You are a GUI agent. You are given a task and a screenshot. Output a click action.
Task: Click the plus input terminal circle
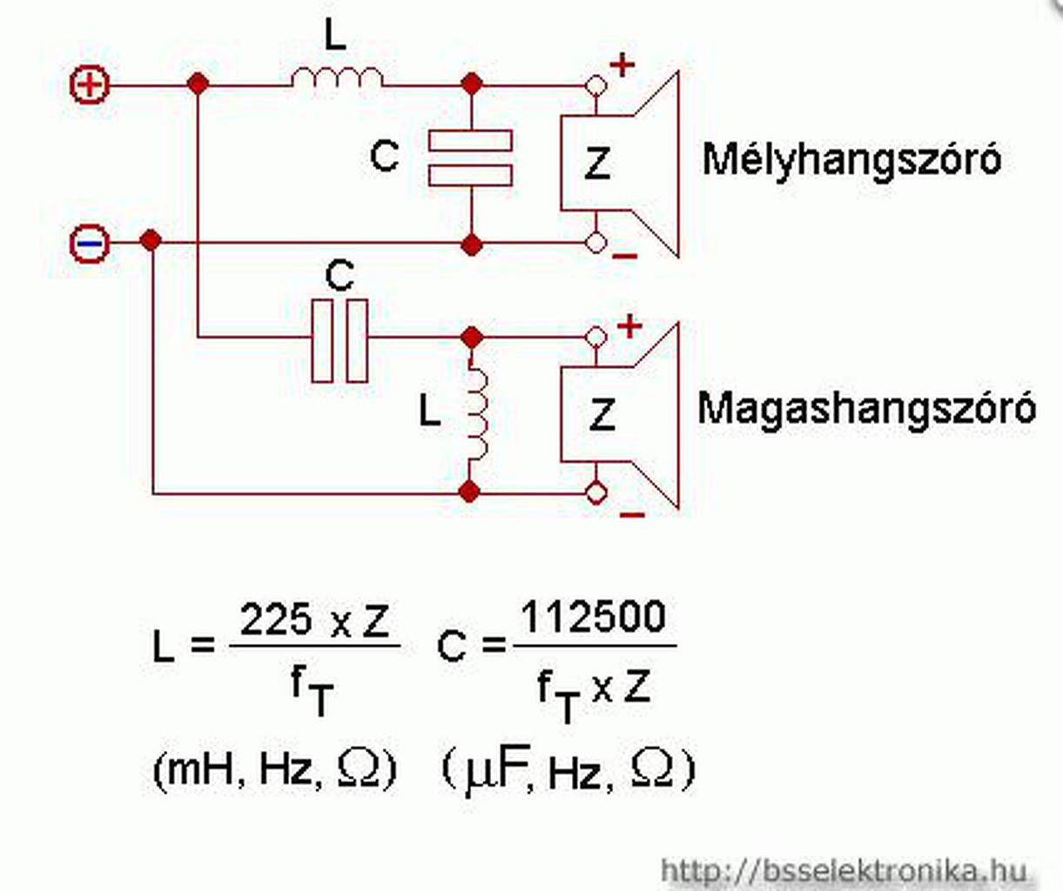coord(90,85)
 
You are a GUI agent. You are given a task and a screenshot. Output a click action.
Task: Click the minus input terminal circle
coord(90,242)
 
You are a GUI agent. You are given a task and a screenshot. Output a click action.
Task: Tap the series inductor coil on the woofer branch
coord(336,80)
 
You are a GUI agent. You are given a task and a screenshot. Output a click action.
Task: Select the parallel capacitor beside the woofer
coord(470,157)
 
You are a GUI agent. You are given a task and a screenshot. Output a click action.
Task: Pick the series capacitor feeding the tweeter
coord(340,340)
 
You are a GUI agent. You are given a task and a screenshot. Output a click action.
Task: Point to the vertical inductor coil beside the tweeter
coord(475,414)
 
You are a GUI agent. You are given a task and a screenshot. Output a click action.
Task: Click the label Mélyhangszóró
coord(851,159)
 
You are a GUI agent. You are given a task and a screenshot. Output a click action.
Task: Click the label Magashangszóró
coord(866,408)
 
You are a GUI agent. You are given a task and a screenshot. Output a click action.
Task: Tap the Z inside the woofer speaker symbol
coord(597,163)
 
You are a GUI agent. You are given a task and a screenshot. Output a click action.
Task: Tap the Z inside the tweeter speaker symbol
coord(602,414)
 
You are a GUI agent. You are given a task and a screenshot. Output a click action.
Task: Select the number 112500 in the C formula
coord(593,617)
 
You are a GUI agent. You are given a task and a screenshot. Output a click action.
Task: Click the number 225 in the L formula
coord(276,620)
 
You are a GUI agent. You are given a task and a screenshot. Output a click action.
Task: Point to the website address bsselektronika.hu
coord(844,870)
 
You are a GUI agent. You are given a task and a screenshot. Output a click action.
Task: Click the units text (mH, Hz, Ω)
coord(275,768)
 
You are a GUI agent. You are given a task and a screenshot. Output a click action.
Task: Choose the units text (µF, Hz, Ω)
coord(569,770)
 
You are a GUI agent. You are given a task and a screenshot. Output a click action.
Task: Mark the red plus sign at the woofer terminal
coord(622,64)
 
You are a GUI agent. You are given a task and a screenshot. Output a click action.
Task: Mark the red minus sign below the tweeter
coord(631,514)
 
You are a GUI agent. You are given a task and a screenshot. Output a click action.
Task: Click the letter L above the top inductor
coord(335,36)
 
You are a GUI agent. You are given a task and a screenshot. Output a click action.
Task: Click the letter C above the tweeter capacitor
coord(339,277)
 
